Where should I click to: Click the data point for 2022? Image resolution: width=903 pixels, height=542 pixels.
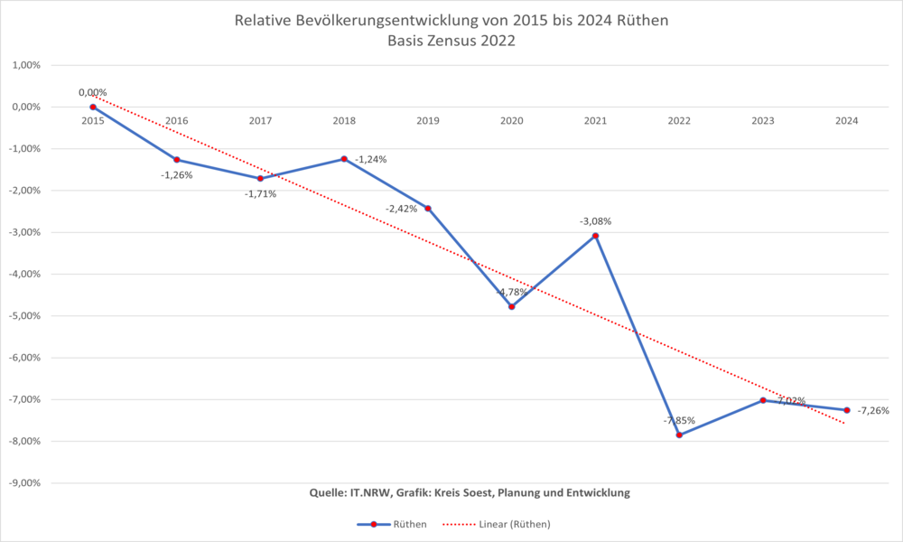tap(679, 435)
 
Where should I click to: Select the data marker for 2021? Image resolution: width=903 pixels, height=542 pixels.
tap(595, 236)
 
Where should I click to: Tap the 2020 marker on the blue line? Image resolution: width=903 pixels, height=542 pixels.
tap(511, 306)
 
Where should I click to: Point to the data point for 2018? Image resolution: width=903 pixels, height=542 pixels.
tap(344, 159)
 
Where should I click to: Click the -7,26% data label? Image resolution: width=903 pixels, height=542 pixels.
tap(872, 411)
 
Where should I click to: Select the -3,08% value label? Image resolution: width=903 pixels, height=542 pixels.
tap(595, 221)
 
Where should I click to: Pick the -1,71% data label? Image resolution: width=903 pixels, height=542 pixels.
tap(260, 193)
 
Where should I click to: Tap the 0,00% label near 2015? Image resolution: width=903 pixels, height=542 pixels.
tap(92, 92)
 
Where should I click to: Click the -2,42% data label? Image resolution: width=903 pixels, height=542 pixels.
tap(401, 209)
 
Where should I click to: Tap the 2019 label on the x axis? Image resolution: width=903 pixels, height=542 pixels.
tap(427, 121)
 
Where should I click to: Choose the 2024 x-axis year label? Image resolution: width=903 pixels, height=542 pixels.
tap(846, 121)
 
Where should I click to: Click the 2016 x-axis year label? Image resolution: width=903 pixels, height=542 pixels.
tap(176, 121)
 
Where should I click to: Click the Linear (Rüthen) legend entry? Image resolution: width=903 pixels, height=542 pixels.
tap(500, 524)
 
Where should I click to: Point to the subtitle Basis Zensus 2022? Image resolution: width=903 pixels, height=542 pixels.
tap(451, 40)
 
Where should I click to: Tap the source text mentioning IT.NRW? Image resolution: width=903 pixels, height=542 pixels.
tap(469, 492)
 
